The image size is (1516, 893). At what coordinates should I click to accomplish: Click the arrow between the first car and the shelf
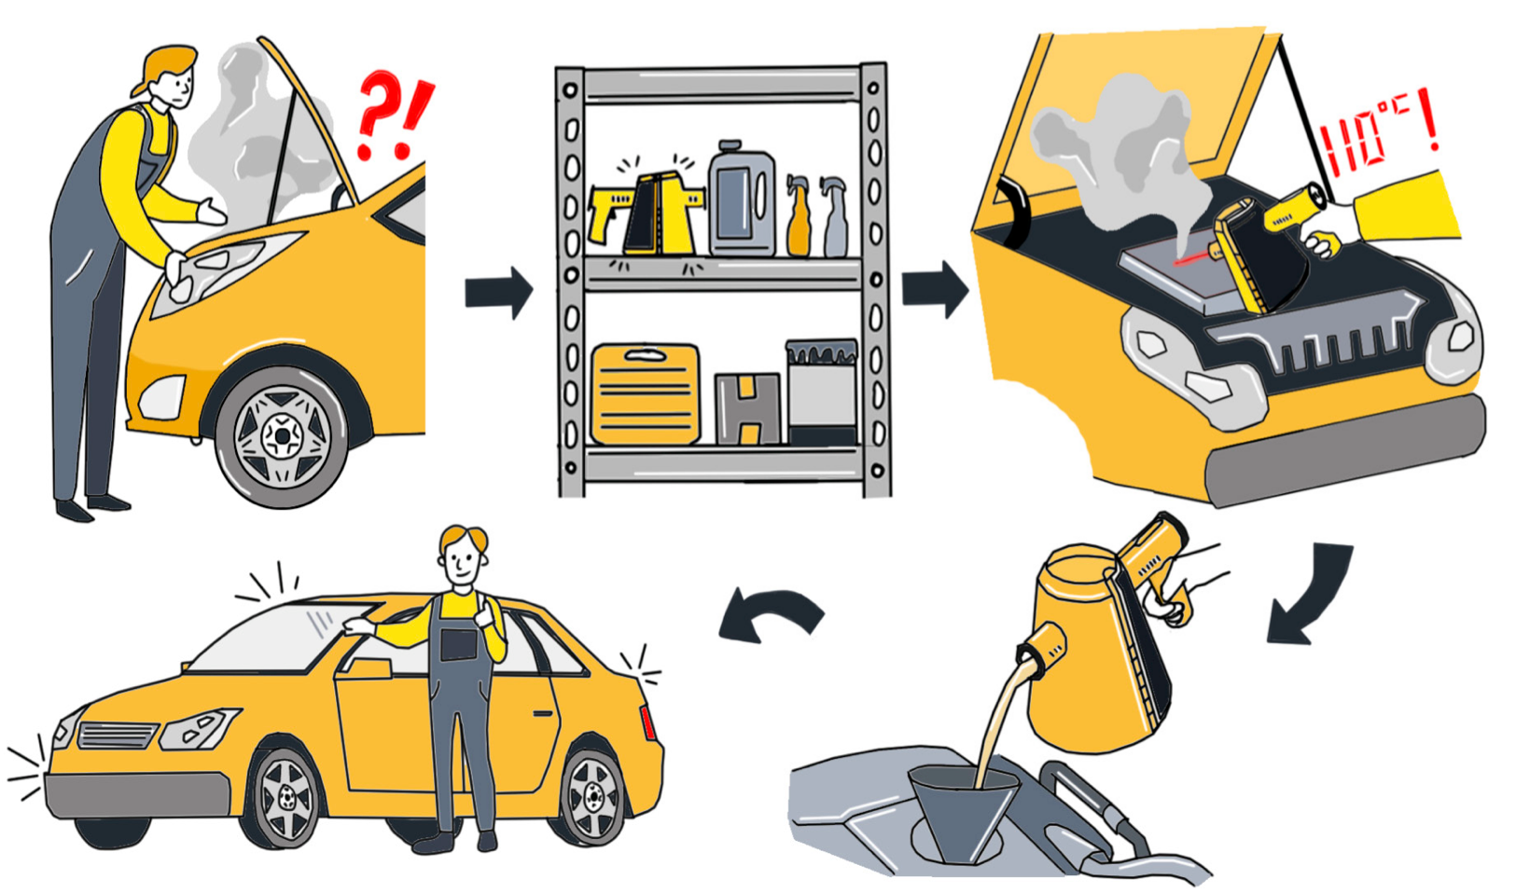pos(499,292)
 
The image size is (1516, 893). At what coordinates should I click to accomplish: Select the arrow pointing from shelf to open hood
pos(935,289)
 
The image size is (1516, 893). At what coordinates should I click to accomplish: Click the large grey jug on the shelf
pos(742,199)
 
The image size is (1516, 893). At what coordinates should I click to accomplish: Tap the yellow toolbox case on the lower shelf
pos(646,393)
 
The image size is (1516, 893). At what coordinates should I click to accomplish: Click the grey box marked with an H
pos(748,408)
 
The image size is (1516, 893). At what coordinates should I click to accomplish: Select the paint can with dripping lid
pos(822,392)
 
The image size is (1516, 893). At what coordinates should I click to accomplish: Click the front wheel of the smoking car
pos(282,436)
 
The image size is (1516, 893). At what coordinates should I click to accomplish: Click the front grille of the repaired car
pos(118,735)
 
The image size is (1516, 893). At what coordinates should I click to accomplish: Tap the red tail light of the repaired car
pos(647,722)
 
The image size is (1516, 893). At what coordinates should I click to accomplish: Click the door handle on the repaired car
pos(543,714)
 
